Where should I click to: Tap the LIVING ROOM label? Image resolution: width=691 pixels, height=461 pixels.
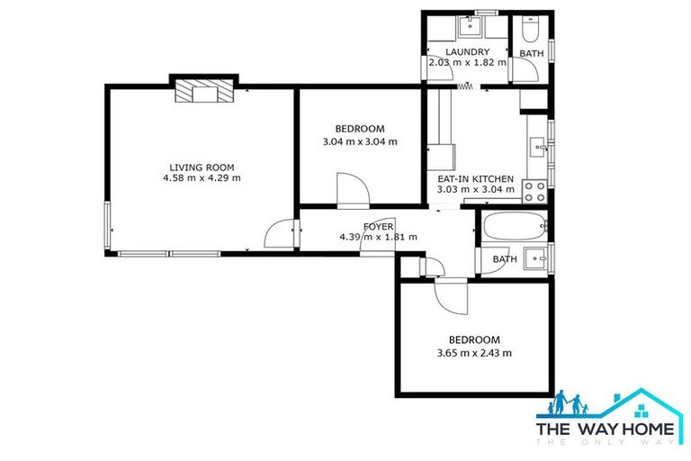(x=202, y=167)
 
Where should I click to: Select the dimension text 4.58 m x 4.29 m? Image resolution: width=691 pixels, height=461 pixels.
(x=202, y=178)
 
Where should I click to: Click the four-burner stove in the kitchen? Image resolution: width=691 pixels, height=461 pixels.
(x=534, y=191)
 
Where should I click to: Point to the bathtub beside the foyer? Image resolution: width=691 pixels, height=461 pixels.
(x=514, y=227)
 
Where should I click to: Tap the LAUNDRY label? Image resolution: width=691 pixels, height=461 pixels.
(x=468, y=52)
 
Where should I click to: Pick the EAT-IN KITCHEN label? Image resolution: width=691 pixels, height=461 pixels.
(x=475, y=178)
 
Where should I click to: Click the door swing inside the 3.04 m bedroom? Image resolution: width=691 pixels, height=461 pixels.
(x=351, y=191)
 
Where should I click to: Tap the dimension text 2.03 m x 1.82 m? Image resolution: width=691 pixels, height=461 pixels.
(x=468, y=63)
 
